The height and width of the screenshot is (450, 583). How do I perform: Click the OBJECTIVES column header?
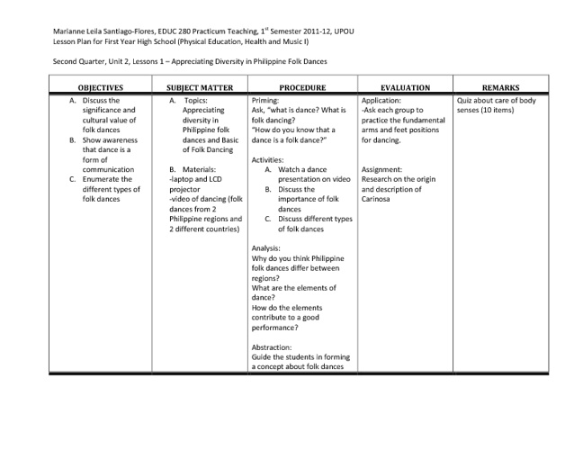click(100, 88)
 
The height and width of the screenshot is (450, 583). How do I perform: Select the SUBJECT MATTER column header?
click(200, 88)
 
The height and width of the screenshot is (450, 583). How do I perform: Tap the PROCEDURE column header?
click(301, 88)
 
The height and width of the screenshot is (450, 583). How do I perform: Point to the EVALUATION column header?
click(405, 88)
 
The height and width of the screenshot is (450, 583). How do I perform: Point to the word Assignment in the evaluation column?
click(381, 168)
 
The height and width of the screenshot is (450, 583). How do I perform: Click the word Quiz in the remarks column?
click(465, 101)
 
